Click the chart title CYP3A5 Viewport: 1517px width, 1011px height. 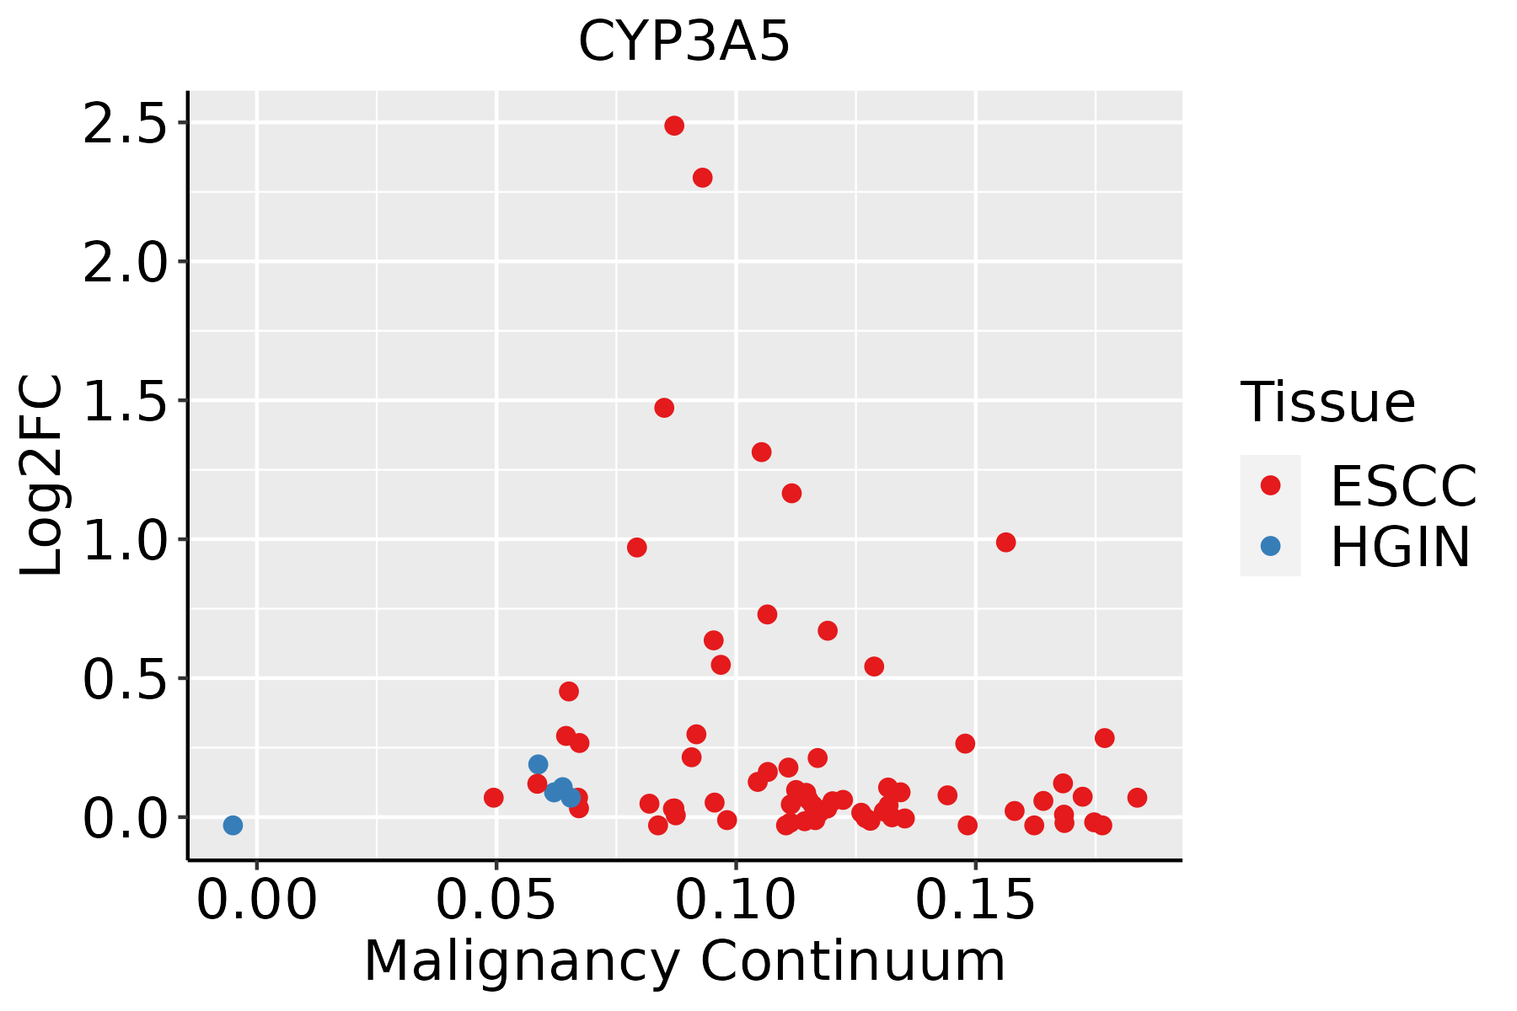click(683, 41)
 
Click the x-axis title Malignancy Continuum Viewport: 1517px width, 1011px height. click(684, 961)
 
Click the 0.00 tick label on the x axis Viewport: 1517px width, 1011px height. click(257, 901)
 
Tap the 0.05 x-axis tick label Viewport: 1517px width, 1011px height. click(496, 901)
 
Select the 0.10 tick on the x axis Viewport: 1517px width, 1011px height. click(736, 901)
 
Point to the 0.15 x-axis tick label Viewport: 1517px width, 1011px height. click(975, 901)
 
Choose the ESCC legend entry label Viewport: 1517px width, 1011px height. click(1403, 486)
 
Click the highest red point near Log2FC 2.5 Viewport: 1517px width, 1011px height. click(674, 126)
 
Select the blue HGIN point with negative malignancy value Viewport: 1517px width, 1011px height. click(233, 825)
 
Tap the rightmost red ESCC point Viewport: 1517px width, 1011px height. click(1137, 797)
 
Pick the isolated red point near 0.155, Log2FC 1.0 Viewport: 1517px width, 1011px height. click(1005, 542)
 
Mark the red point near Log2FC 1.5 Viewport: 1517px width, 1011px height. click(664, 408)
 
